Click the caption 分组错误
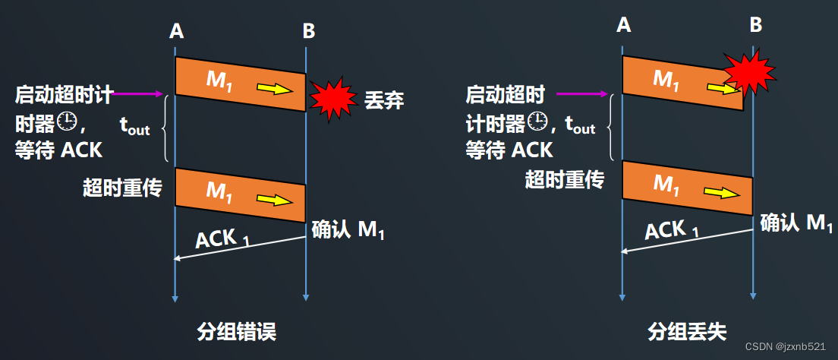236,331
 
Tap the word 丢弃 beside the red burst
383,99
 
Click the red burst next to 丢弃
331,98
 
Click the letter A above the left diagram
176,31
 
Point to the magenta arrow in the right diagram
582,94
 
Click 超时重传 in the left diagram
122,187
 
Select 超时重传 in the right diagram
565,179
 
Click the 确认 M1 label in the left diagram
348,229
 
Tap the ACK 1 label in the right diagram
672,229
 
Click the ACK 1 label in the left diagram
222,239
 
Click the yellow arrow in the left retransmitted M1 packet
274,200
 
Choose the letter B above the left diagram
308,31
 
